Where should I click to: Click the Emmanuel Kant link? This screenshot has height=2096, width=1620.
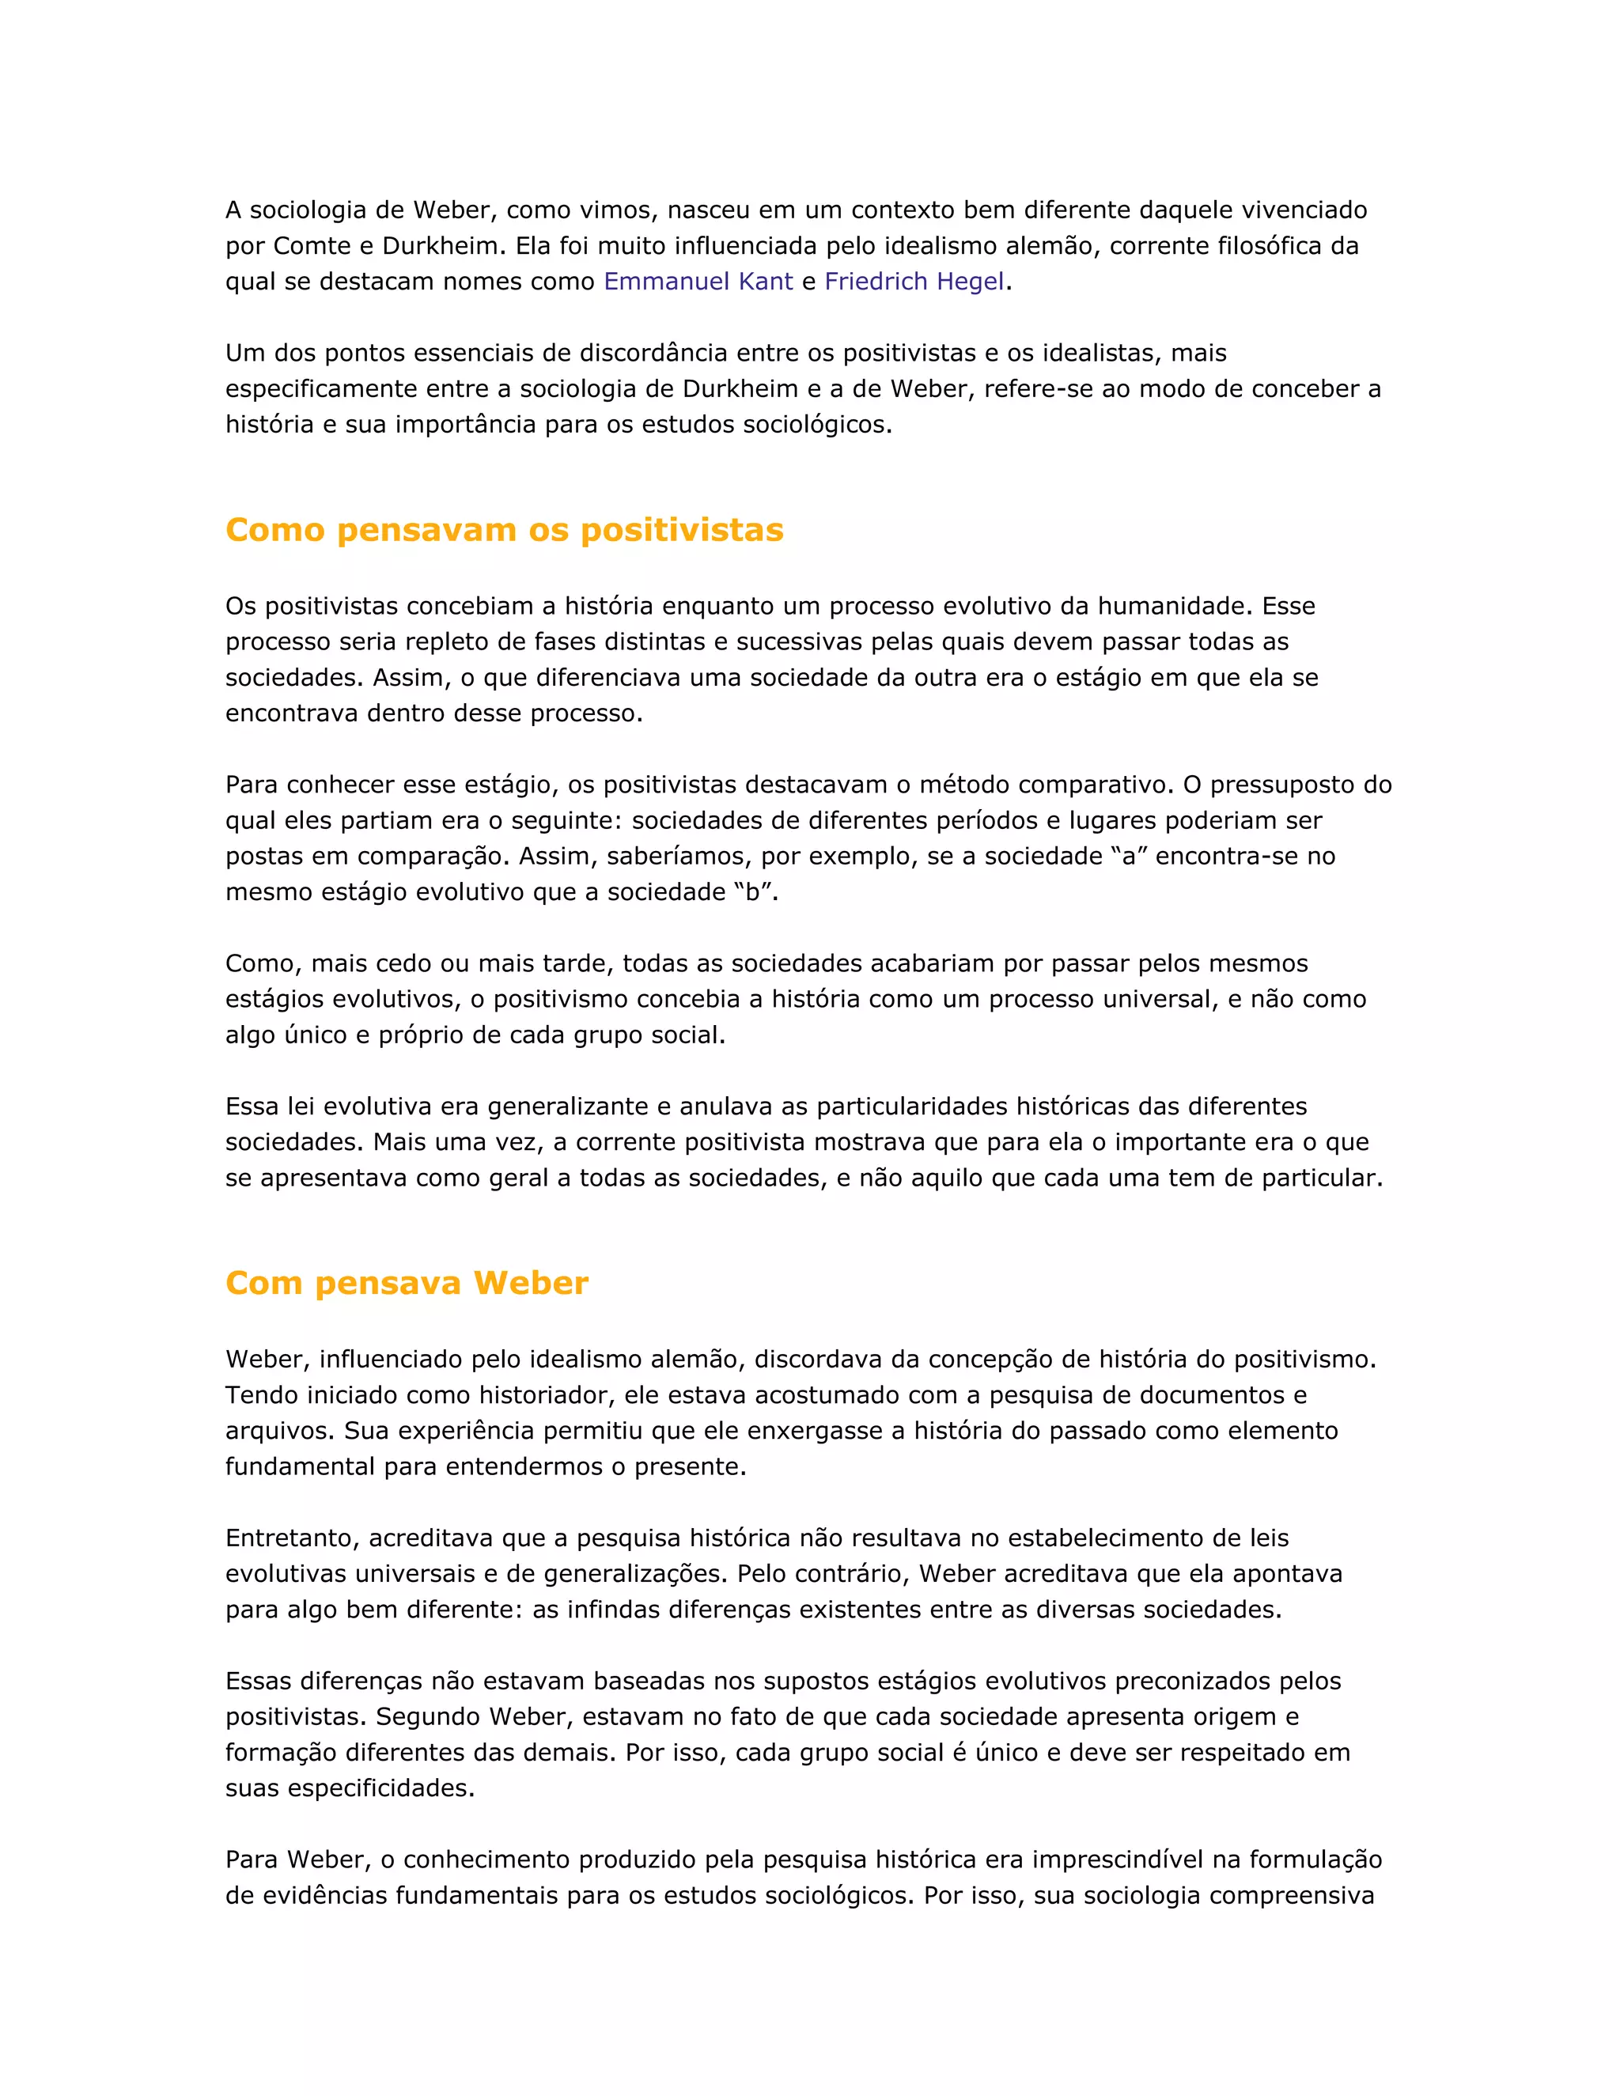(698, 282)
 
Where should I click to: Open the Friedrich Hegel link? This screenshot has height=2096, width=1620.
(914, 282)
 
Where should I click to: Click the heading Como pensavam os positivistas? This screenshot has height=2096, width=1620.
(504, 530)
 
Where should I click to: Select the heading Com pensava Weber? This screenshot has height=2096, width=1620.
(406, 1283)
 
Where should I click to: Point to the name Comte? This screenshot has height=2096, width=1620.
(311, 246)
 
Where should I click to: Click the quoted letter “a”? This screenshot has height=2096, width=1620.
(1129, 856)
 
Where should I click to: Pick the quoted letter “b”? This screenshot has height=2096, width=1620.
(752, 892)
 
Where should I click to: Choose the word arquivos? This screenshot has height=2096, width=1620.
(278, 1431)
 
